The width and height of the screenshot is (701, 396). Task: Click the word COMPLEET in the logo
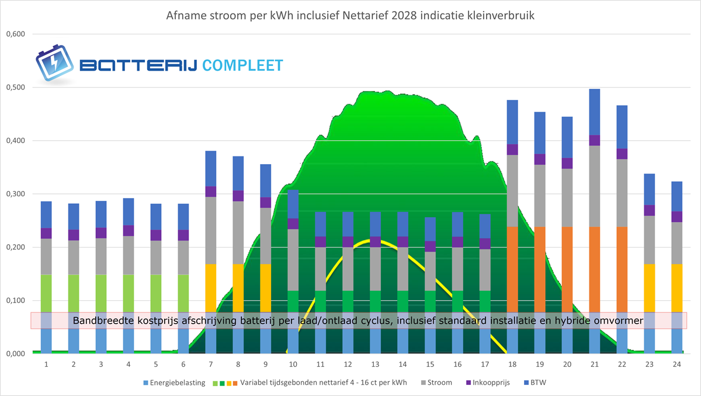(242, 65)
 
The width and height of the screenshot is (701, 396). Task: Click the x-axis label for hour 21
(595, 364)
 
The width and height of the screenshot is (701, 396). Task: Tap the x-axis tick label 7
(210, 364)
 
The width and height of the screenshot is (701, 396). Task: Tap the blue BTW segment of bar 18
(512, 122)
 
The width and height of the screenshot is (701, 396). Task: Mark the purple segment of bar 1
(46, 233)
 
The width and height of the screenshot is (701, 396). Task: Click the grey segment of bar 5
(156, 257)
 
